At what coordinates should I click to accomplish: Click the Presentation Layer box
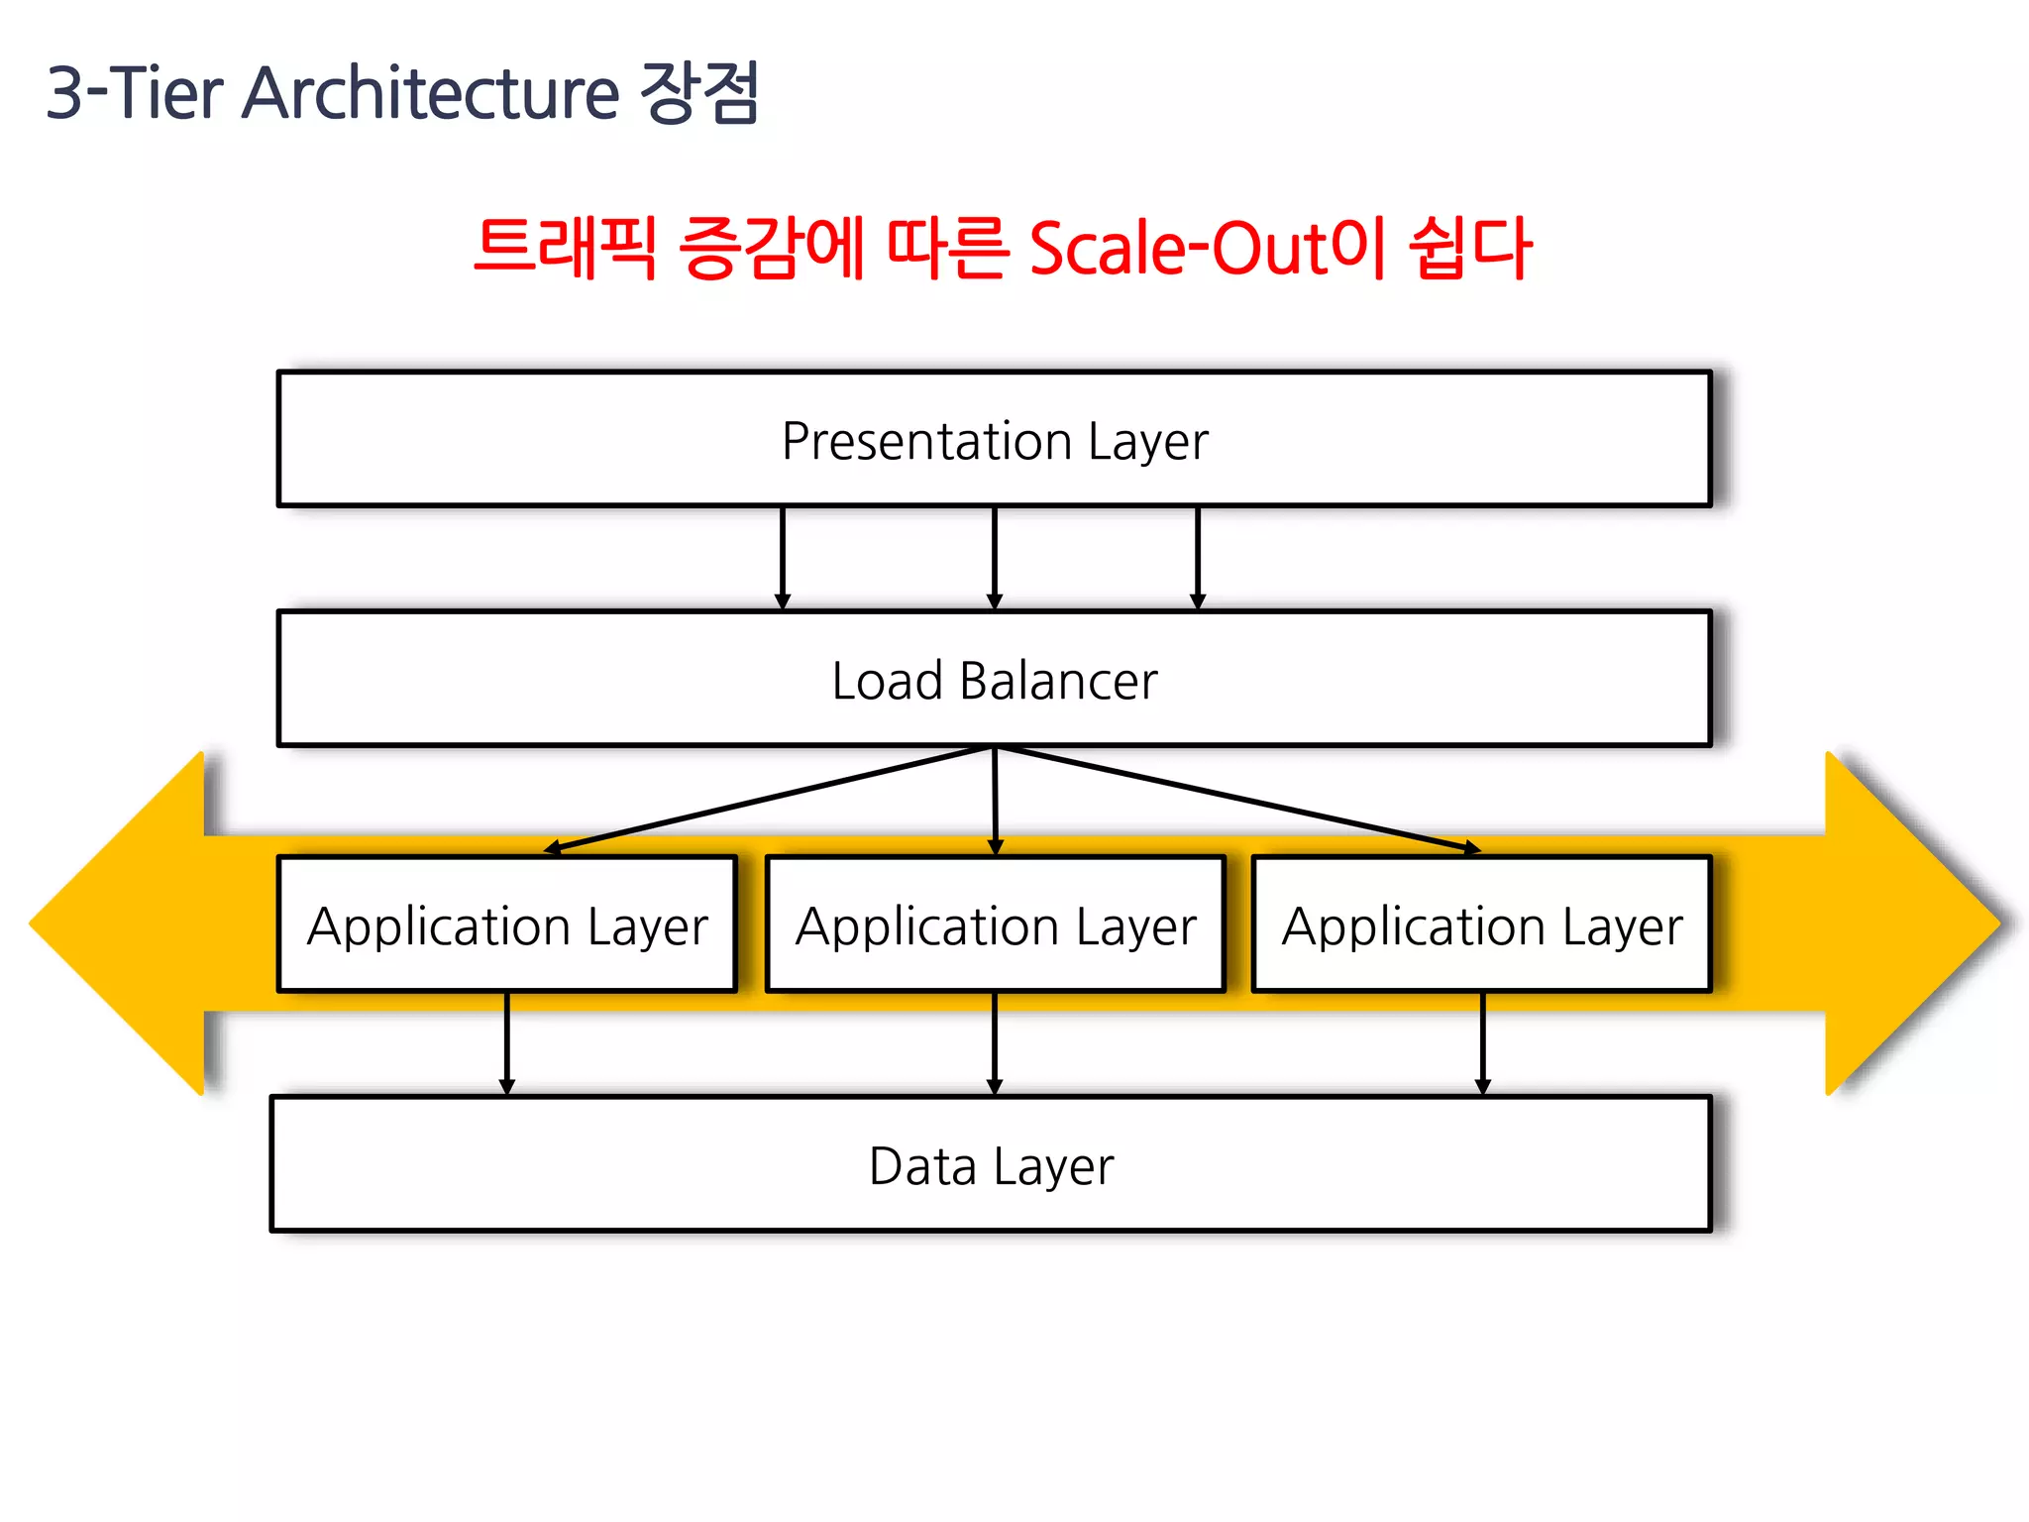(x=995, y=439)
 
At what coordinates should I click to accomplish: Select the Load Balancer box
(x=995, y=680)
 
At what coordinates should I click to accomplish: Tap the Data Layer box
(x=991, y=1164)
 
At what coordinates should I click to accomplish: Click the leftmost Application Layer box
(x=507, y=924)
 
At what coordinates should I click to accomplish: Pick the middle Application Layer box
(x=996, y=924)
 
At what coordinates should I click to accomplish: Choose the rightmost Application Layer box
(x=1482, y=924)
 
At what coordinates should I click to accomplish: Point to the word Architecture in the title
(x=431, y=93)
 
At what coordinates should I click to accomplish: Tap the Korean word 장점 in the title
(x=699, y=93)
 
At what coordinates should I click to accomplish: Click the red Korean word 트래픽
(x=566, y=248)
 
